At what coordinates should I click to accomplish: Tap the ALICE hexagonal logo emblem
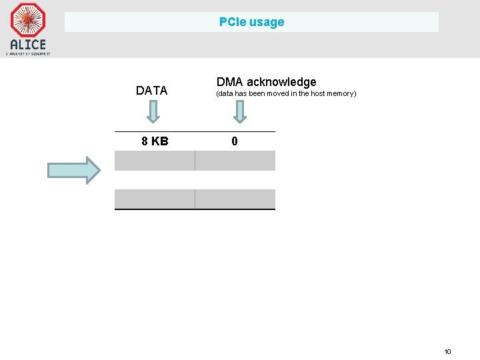pyautogui.click(x=28, y=20)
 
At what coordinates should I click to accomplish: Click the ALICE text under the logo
pyautogui.click(x=28, y=45)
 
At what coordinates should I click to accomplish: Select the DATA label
pyautogui.click(x=152, y=91)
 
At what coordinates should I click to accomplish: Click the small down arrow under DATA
pyautogui.click(x=153, y=111)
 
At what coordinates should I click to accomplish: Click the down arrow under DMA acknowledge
pyautogui.click(x=240, y=111)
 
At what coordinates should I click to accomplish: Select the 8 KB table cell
pyautogui.click(x=155, y=141)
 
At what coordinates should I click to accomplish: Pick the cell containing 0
pyautogui.click(x=235, y=141)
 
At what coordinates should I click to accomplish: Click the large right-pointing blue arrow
pyautogui.click(x=73, y=170)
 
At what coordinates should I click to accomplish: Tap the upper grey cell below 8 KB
pyautogui.click(x=155, y=161)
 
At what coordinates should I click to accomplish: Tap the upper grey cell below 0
pyautogui.click(x=235, y=161)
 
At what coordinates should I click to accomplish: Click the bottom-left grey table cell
pyautogui.click(x=155, y=199)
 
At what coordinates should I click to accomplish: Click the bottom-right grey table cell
pyautogui.click(x=235, y=199)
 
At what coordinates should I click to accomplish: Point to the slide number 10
pyautogui.click(x=447, y=351)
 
